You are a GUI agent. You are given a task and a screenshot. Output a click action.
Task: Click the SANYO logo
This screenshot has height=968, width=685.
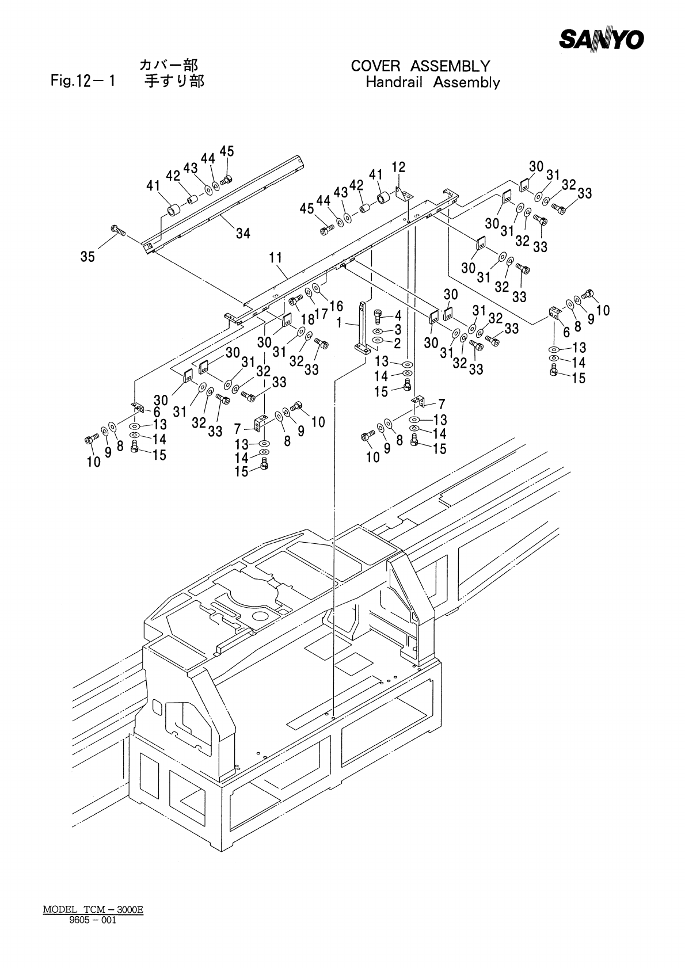click(602, 39)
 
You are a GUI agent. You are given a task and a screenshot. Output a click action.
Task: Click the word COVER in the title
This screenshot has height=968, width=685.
click(375, 66)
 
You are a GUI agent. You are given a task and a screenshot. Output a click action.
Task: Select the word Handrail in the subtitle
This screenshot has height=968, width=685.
click(394, 82)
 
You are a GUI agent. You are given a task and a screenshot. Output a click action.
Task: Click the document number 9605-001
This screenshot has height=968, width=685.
click(93, 920)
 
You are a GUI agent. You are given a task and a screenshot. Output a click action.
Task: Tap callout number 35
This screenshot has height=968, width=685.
click(87, 257)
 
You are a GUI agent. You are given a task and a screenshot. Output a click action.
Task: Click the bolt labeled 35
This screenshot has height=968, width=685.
click(118, 230)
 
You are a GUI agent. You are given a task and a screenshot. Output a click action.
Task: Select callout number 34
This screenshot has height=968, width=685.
click(243, 234)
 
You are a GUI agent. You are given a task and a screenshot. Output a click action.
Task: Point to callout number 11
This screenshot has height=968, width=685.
click(275, 258)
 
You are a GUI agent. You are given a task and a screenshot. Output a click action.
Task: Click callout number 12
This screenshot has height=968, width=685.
click(398, 167)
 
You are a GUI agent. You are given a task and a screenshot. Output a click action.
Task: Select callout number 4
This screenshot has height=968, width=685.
click(398, 315)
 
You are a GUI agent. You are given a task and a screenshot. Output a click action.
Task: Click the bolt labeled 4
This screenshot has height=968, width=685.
click(378, 317)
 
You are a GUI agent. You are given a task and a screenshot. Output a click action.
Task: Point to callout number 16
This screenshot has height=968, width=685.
click(336, 306)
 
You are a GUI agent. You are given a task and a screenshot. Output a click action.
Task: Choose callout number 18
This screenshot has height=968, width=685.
click(308, 319)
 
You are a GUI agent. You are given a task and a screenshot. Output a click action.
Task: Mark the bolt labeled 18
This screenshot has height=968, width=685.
click(296, 299)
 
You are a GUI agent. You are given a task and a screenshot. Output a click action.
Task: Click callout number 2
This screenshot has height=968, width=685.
click(397, 344)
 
